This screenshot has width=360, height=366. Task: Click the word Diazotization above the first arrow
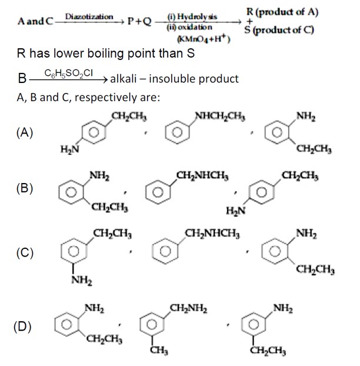(89, 16)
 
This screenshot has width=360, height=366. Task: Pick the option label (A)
(25, 133)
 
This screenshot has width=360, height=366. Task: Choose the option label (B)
(25, 189)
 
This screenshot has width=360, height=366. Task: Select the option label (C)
(25, 253)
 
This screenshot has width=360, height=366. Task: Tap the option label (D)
(25, 327)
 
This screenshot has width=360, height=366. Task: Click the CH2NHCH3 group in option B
(202, 175)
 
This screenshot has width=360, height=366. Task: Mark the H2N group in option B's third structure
(235, 211)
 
